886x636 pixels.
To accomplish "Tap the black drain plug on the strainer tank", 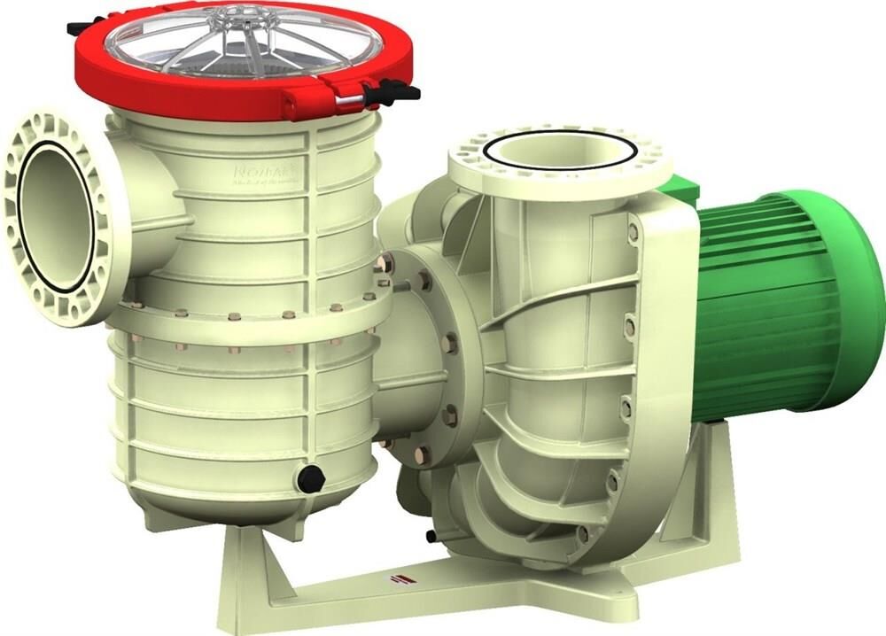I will click(x=310, y=479).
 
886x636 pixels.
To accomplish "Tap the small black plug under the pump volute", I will click(x=431, y=536).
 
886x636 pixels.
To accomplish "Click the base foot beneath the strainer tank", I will click(x=266, y=567).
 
